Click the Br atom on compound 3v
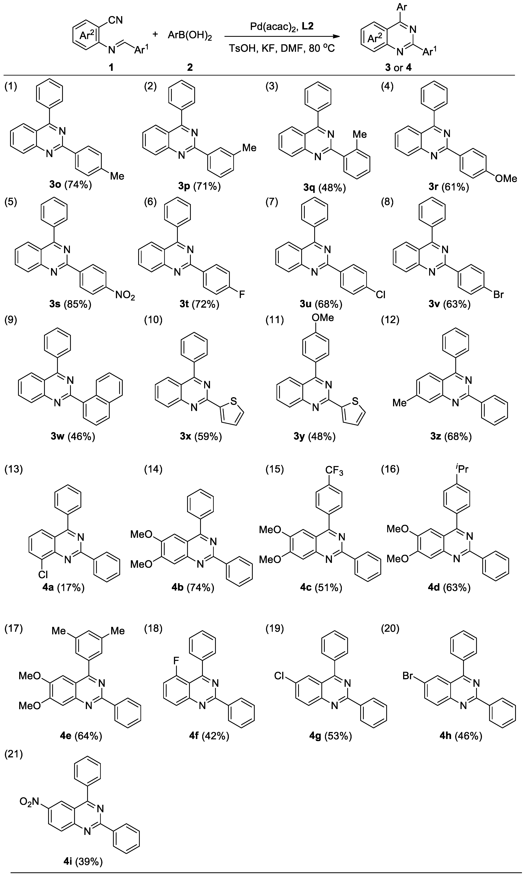(x=498, y=294)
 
